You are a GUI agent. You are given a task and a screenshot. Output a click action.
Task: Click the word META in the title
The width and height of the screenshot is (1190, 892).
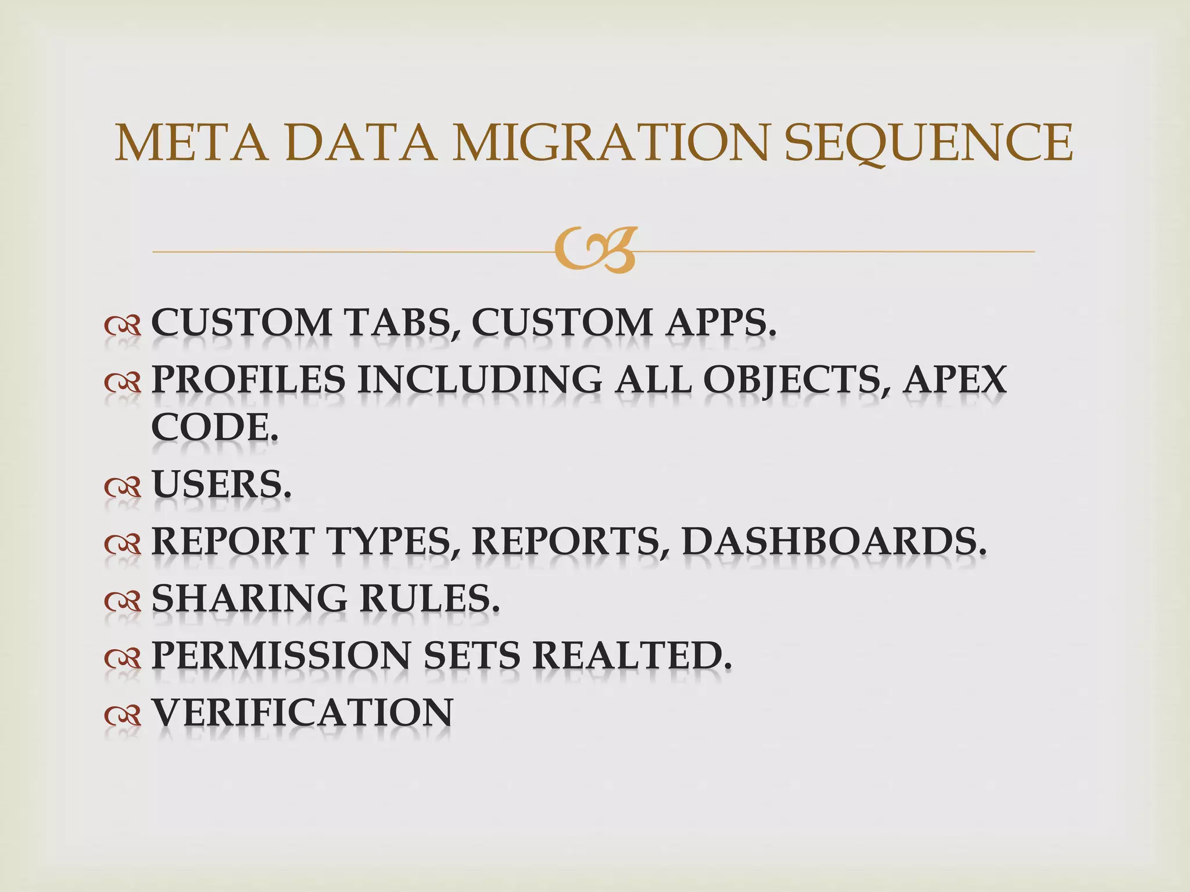point(192,143)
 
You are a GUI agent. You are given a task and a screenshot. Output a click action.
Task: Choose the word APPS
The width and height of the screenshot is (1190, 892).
point(721,323)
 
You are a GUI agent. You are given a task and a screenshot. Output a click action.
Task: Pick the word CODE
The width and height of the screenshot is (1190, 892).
point(214,428)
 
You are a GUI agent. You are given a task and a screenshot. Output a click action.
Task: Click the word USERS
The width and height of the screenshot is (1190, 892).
point(221,485)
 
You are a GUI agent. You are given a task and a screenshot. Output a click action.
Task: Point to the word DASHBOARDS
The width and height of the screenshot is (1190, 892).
point(834,542)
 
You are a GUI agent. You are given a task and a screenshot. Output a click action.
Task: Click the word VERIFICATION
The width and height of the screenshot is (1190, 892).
point(302,713)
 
